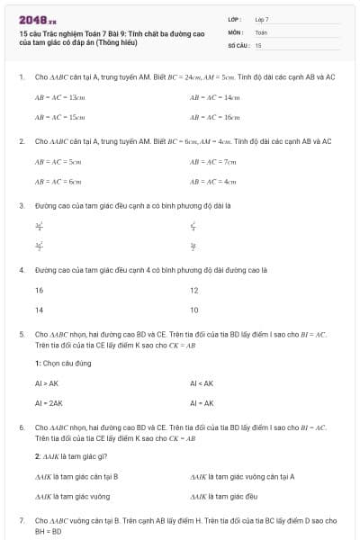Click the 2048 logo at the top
38,19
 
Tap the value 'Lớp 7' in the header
262,19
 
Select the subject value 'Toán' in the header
261,31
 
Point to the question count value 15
258,44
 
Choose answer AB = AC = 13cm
60,97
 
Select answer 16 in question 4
39,291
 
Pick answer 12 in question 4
193,291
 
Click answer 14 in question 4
39,310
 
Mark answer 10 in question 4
193,310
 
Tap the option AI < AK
202,383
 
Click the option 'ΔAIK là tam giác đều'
224,496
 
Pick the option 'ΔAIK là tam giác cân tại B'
76,476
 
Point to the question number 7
22,520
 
